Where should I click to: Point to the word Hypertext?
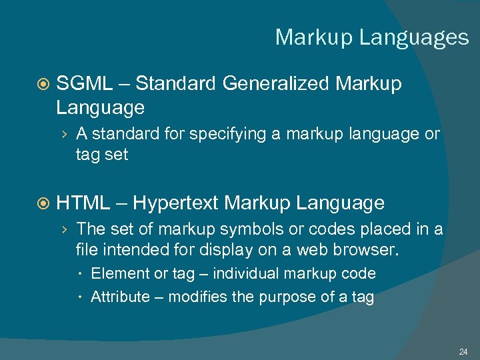[176, 203]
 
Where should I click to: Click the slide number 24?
[463, 351]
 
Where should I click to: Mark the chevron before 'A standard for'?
[63, 135]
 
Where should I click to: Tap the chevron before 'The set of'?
[63, 230]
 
